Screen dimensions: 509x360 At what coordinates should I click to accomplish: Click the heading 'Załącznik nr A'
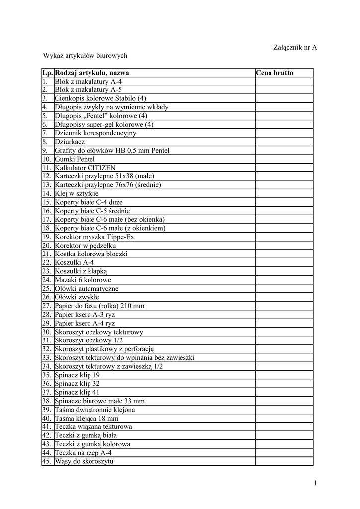(x=295, y=47)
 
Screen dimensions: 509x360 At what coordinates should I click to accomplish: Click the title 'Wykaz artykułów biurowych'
(x=86, y=56)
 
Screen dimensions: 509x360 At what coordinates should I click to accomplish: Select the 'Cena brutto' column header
(x=274, y=73)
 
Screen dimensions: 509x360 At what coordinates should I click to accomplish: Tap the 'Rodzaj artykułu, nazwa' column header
(x=91, y=73)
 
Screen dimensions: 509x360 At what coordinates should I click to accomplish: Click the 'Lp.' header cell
(x=48, y=73)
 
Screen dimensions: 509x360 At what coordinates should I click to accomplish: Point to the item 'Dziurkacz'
(x=70, y=142)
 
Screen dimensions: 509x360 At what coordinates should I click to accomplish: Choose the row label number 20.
(x=47, y=245)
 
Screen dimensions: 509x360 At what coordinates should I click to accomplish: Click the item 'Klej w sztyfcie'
(x=77, y=193)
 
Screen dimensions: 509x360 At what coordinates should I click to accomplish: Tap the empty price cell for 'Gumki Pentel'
(x=284, y=159)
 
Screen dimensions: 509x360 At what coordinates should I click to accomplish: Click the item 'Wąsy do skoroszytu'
(x=85, y=461)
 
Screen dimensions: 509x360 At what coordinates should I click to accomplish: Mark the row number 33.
(x=47, y=357)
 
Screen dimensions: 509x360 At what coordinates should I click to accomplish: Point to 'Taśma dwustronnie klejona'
(x=95, y=410)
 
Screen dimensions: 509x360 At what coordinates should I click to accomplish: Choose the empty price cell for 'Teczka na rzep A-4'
(x=284, y=453)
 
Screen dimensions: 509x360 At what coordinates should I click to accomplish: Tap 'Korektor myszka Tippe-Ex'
(x=94, y=237)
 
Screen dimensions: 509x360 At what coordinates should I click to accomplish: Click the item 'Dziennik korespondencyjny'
(x=95, y=133)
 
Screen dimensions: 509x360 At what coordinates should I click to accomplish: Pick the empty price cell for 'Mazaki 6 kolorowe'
(x=284, y=280)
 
